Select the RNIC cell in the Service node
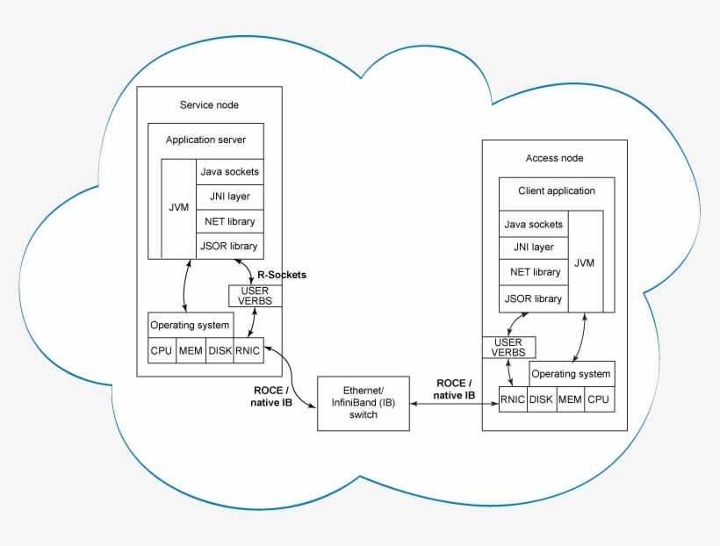[x=248, y=351]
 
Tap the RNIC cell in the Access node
[x=513, y=399]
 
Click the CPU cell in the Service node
[x=162, y=351]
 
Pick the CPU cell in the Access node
[x=598, y=399]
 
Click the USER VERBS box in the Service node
[x=255, y=296]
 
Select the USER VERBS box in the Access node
[x=508, y=347]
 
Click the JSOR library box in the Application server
[x=228, y=246]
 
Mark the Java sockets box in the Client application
[x=533, y=225]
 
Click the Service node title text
[x=209, y=105]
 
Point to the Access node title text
[x=554, y=158]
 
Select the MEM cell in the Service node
[x=191, y=351]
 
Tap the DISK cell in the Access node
[x=541, y=399]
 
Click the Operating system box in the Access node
[x=571, y=374]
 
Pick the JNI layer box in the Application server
[x=228, y=197]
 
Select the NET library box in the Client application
[x=533, y=272]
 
